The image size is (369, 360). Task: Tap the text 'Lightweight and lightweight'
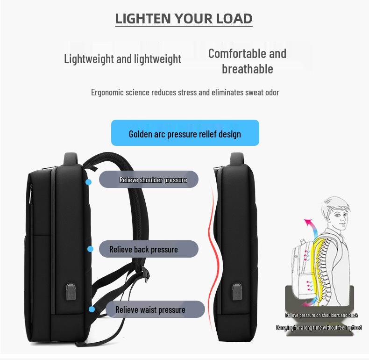click(x=122, y=59)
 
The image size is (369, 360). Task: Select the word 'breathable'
click(x=248, y=69)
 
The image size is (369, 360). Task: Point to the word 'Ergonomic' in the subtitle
click(x=107, y=93)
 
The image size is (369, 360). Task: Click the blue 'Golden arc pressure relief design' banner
click(x=185, y=133)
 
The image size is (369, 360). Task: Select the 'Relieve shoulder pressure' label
click(x=149, y=180)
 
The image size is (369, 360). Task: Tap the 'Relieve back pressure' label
click(x=149, y=249)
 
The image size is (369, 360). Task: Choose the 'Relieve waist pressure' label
click(x=156, y=310)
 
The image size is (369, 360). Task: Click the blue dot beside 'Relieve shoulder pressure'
click(x=88, y=182)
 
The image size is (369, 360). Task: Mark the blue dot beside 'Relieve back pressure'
click(x=90, y=249)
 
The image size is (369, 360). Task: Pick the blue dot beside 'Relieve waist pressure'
click(x=92, y=310)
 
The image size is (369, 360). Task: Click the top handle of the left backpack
click(x=71, y=158)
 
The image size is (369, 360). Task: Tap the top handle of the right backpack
click(x=237, y=158)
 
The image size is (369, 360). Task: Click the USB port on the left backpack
click(x=71, y=292)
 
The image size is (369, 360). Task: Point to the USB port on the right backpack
click(x=237, y=292)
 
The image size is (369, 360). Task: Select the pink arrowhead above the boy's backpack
click(x=307, y=222)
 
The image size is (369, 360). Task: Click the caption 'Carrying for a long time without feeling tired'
click(x=319, y=327)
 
